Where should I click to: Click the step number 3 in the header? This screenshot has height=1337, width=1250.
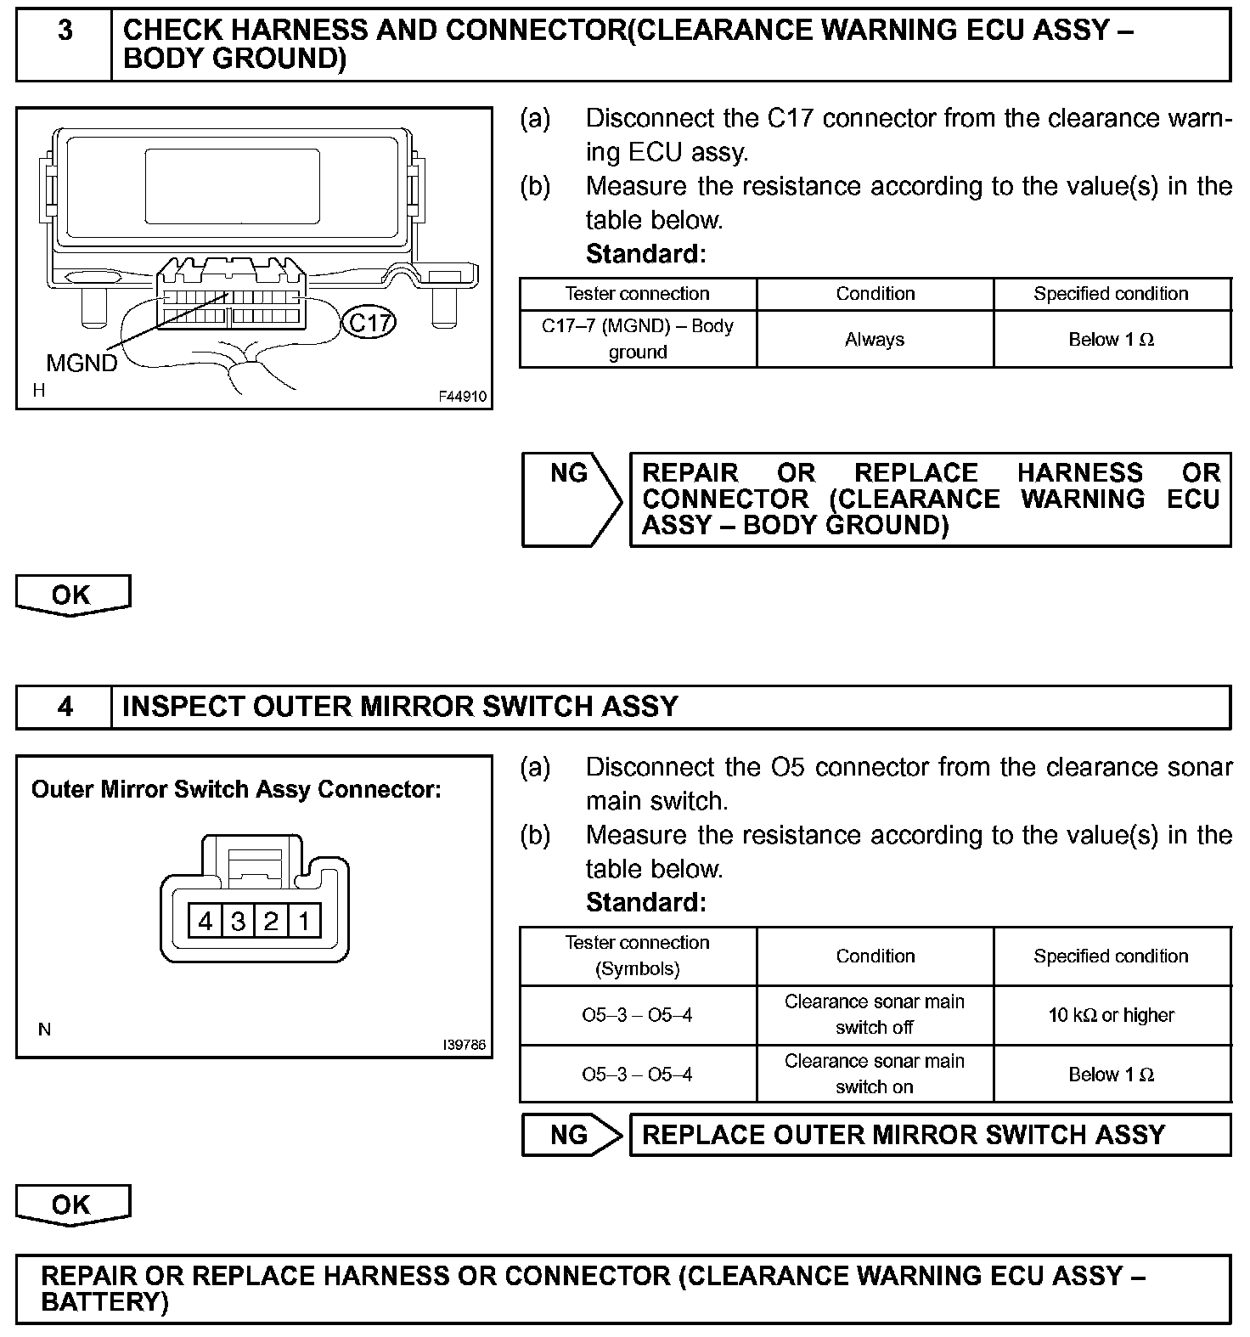point(65,31)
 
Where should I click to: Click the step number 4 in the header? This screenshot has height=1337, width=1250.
point(65,707)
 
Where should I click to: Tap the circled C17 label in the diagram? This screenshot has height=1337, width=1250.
point(369,323)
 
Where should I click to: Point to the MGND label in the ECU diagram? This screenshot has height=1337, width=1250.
point(82,363)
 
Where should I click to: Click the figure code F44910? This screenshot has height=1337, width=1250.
point(463,396)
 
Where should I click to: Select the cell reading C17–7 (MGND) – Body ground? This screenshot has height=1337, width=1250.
point(637,339)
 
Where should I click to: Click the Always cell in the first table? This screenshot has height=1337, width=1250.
point(875,339)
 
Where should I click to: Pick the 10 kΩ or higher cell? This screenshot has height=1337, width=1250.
point(1112,1015)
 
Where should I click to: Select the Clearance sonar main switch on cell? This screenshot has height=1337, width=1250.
point(875,1074)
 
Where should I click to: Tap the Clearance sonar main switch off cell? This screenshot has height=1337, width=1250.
point(875,1015)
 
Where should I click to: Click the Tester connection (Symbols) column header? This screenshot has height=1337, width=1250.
point(637,956)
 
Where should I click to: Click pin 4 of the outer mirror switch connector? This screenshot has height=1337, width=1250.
point(205,921)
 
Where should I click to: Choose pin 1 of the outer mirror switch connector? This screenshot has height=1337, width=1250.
point(304,921)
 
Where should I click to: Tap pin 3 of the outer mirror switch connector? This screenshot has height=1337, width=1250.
point(238,921)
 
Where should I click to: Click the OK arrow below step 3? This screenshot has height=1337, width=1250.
point(72,595)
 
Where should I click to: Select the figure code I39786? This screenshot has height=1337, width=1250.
point(465,1045)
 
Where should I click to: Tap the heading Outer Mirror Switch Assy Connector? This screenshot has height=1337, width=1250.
point(236,789)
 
